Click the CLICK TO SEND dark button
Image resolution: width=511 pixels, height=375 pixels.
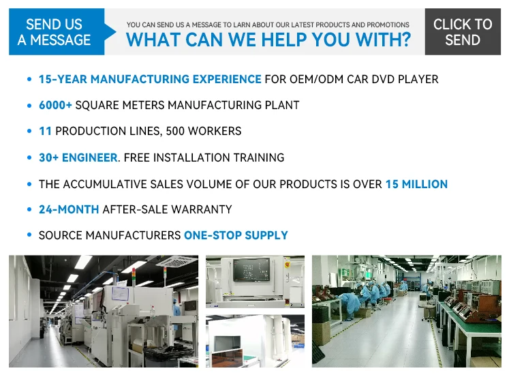463,31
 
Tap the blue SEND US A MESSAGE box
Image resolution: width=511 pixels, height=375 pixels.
57,31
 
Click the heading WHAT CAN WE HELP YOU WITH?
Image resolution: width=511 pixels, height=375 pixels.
268,40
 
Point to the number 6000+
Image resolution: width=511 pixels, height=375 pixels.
55,105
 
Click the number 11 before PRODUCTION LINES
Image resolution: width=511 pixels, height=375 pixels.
45,131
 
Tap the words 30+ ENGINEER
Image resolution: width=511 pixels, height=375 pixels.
78,157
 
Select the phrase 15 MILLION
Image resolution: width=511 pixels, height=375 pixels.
416,184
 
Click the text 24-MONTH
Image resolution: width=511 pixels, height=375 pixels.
69,209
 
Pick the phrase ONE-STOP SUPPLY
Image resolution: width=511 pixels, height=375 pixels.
236,235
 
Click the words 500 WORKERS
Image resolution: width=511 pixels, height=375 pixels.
203,131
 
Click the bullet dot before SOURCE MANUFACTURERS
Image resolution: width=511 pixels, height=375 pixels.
29,235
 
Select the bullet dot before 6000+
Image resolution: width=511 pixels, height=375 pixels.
29,105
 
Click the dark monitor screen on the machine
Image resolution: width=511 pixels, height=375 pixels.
251,269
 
